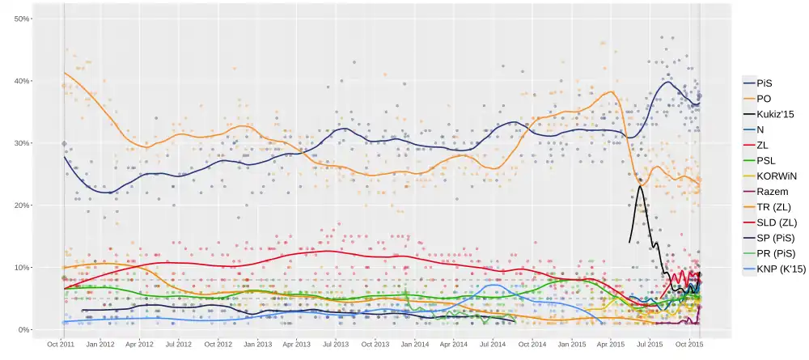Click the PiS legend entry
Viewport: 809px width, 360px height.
pos(765,83)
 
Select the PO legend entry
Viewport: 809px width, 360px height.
pos(765,99)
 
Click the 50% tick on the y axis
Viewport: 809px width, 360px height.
pos(22,19)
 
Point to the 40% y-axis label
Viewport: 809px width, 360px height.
pos(22,81)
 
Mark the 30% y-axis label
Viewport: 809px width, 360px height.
pos(22,143)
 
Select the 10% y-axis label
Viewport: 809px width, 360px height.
pos(22,268)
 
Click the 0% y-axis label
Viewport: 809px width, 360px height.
pos(24,330)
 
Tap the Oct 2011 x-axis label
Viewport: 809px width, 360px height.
pos(62,344)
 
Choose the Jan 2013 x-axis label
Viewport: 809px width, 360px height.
pos(258,344)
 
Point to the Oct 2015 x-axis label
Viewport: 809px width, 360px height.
pos(689,344)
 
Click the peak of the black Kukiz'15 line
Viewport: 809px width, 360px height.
pos(641,186)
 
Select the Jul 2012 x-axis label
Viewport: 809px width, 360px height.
pos(180,344)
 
